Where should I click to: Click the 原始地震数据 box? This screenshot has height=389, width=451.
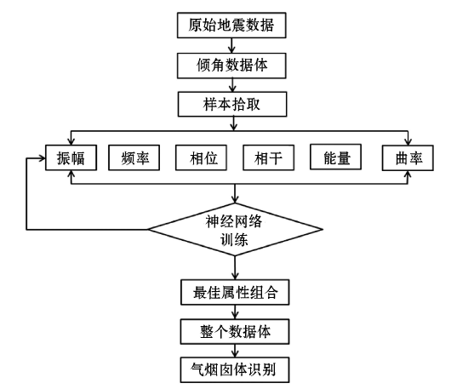point(231,25)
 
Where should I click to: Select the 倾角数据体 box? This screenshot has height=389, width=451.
point(231,66)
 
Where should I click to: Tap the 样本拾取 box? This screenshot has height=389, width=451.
point(232,104)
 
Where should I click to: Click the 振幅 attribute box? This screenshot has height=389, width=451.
point(71,157)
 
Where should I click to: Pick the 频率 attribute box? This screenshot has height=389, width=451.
point(134,157)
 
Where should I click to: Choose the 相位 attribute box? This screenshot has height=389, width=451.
point(202,157)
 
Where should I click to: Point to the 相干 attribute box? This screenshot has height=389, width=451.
point(269,157)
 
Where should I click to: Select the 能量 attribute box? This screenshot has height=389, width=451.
point(335,157)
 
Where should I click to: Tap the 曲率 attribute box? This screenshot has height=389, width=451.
point(408,157)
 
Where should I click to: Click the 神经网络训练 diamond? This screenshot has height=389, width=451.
point(235,229)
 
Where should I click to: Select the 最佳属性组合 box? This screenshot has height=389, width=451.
point(235,292)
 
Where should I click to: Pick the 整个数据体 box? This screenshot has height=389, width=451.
point(235,331)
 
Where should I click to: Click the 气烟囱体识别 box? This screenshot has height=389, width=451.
point(235,370)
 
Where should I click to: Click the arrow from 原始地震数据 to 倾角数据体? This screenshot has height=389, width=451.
point(231,45)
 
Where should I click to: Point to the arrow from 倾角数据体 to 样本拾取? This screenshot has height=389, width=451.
point(232,85)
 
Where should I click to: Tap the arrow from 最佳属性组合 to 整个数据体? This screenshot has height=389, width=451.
point(235,312)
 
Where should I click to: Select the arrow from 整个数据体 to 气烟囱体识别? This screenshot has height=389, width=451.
point(235,351)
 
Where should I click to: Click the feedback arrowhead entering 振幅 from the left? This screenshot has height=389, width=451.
point(43,158)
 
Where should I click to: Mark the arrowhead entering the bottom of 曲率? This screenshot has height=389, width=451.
point(408,174)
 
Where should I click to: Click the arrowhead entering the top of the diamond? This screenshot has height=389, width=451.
point(235,200)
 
